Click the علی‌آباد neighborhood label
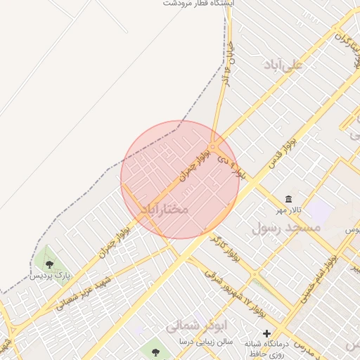coord(283,65)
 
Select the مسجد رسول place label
coord(285,229)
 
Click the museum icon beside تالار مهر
coord(289,199)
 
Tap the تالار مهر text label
coord(289,211)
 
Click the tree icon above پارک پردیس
coord(49,264)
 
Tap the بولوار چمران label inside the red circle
coord(195,164)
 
